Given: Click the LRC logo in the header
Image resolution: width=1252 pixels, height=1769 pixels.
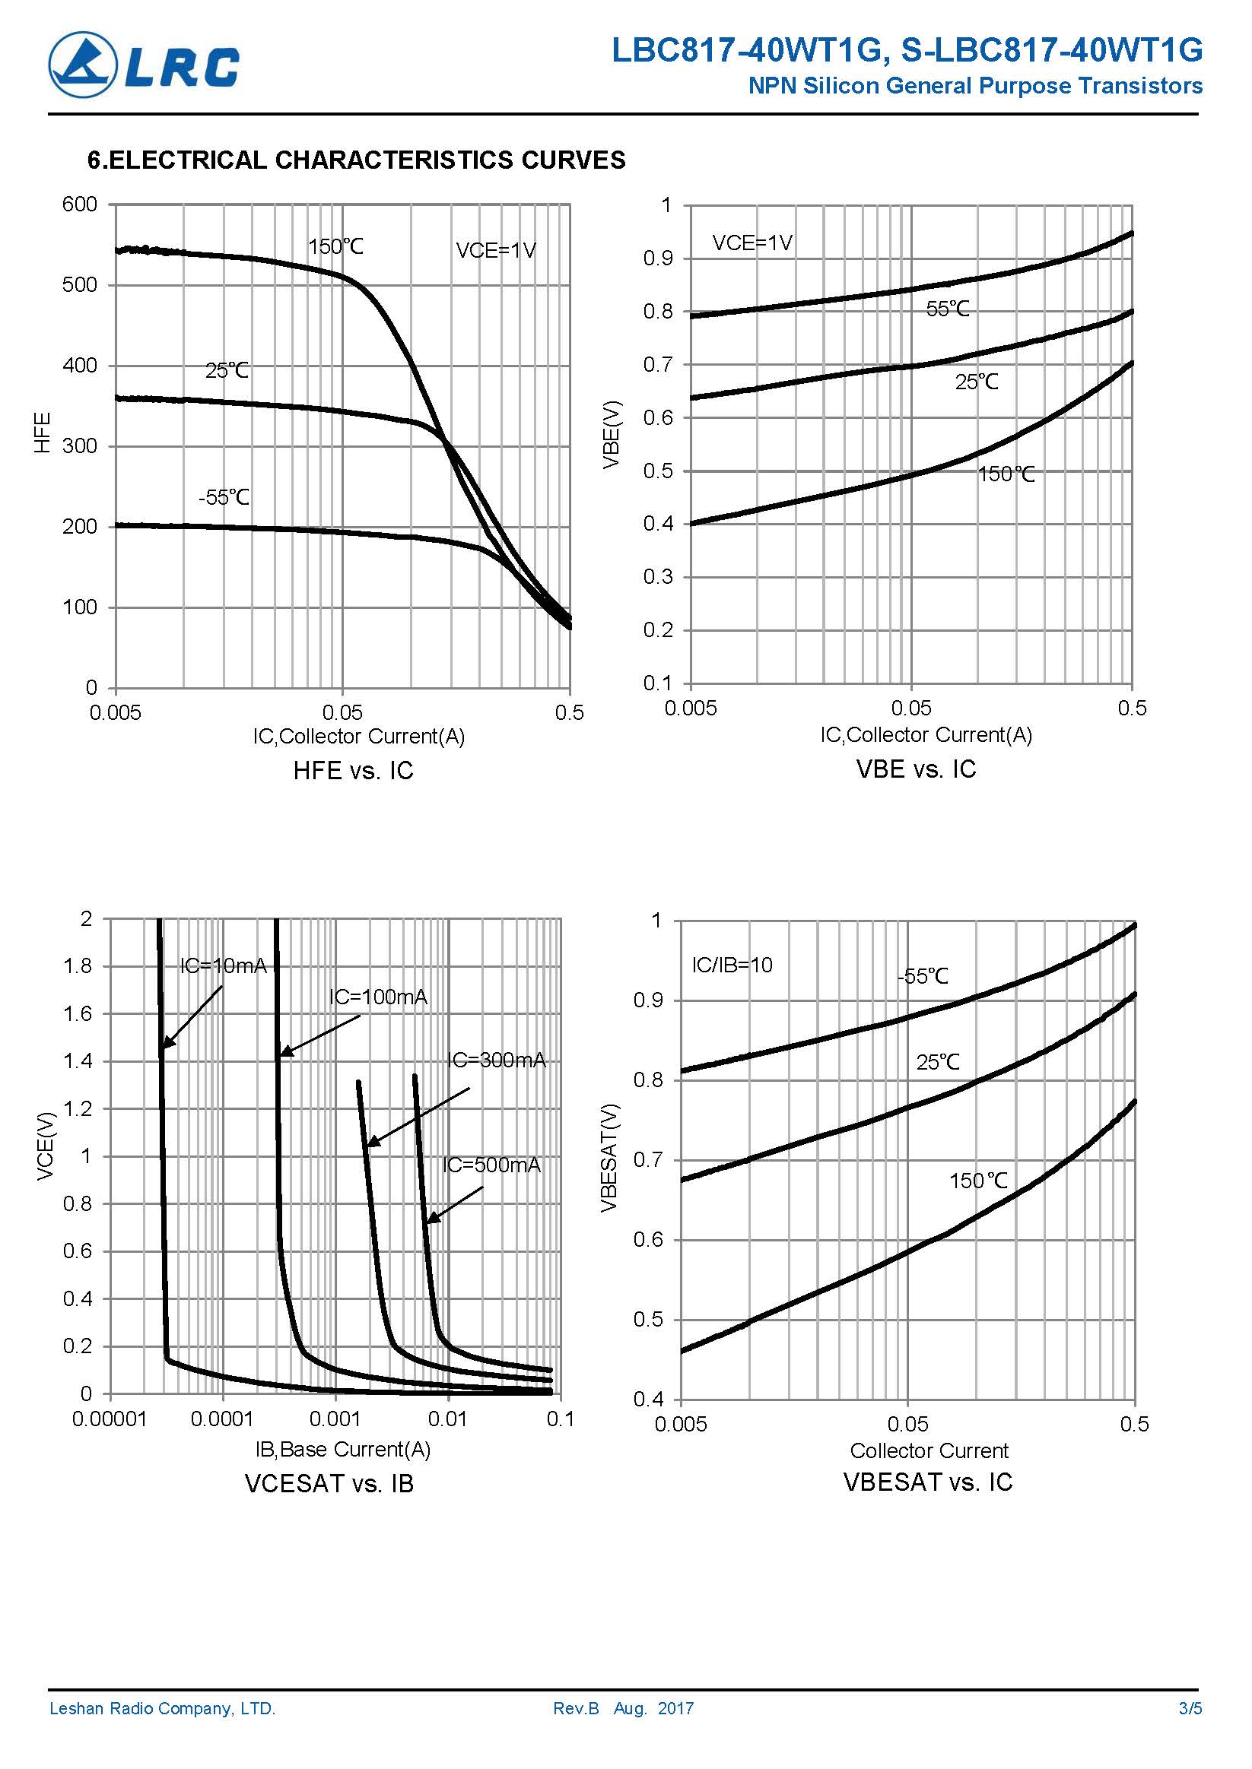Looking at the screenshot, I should [145, 65].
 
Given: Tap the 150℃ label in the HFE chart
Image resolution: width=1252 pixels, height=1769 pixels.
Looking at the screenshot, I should [335, 246].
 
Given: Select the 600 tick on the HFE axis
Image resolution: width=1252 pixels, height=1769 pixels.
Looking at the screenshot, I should [79, 204].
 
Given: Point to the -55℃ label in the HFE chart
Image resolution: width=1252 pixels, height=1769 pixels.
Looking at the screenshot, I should [224, 497].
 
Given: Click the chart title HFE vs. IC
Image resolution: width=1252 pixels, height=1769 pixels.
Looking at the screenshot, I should [353, 771].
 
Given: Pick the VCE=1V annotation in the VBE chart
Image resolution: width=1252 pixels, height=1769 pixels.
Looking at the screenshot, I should [752, 243].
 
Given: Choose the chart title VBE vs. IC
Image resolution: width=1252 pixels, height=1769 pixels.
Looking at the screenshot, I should [916, 769].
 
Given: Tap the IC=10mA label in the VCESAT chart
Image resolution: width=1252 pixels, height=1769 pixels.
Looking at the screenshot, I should [223, 965].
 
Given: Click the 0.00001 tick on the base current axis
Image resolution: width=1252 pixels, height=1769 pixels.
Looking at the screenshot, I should [110, 1419].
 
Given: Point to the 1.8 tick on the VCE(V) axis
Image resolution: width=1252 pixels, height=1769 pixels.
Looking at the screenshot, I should [77, 966].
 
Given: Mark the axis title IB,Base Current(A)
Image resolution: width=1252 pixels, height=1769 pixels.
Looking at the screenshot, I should [342, 1449].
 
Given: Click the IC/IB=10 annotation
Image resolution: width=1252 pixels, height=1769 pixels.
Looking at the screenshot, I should [732, 965].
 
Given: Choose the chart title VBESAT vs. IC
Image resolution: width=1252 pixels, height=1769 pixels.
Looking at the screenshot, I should [927, 1482].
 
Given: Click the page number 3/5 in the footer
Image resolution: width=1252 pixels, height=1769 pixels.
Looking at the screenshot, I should [1190, 1708].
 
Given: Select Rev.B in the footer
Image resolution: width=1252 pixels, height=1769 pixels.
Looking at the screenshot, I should [576, 1708].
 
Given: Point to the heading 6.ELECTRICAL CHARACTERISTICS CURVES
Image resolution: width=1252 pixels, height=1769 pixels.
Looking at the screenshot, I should [356, 160].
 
